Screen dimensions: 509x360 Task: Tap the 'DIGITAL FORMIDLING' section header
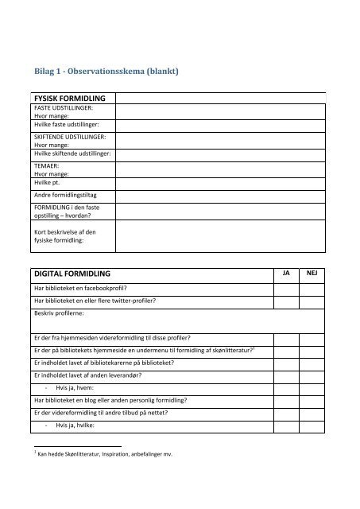click(x=72, y=273)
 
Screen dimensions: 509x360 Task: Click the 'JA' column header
click(x=287, y=273)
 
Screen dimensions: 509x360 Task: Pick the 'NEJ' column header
click(x=312, y=273)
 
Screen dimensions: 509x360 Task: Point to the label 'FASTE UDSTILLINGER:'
click(x=64, y=107)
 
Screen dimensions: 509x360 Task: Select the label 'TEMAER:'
click(x=47, y=166)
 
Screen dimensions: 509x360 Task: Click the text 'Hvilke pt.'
click(x=48, y=181)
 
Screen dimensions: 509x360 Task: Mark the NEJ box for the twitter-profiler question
click(x=312, y=301)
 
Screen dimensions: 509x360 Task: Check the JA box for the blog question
click(x=287, y=400)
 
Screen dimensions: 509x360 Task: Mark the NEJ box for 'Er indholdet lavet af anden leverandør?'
click(x=312, y=375)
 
